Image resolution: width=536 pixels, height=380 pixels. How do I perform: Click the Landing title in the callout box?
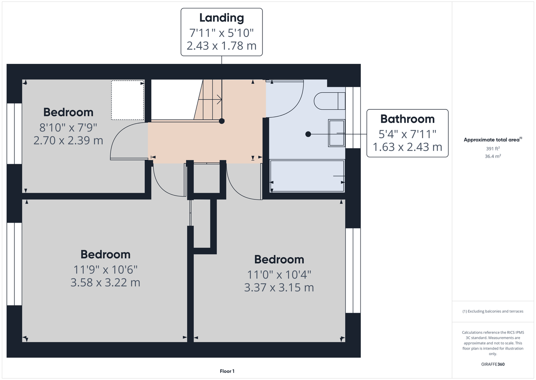point(222,18)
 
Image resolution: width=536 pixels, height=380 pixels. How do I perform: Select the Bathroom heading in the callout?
point(407,119)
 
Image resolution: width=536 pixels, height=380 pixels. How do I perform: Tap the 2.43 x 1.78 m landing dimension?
point(222,46)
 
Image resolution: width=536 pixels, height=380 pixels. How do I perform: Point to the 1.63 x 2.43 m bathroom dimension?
point(407,147)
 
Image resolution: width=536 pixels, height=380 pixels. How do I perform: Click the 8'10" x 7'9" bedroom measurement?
point(68,128)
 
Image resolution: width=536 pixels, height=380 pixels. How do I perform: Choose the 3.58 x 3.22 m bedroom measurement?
point(105,282)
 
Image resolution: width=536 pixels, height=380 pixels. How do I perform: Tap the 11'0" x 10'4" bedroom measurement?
point(279,275)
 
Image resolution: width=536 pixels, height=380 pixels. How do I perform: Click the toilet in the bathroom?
point(330,101)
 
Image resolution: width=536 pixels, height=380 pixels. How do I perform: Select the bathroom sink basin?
point(337,133)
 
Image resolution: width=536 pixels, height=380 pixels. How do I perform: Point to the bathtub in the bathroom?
point(307,176)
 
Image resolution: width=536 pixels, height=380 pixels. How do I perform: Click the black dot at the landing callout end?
point(222,121)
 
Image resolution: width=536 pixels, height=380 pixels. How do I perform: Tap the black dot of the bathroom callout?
point(308,134)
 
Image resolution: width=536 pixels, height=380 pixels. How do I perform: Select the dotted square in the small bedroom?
point(128,100)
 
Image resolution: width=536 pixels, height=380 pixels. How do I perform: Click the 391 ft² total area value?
point(493,149)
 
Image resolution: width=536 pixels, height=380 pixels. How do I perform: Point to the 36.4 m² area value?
point(493,156)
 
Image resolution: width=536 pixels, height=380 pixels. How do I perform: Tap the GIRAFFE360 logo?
point(493,364)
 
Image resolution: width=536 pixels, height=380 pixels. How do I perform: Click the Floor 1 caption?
point(227,371)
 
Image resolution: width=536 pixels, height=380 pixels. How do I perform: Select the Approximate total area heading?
point(493,140)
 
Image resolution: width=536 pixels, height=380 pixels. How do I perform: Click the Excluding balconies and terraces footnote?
point(493,311)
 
